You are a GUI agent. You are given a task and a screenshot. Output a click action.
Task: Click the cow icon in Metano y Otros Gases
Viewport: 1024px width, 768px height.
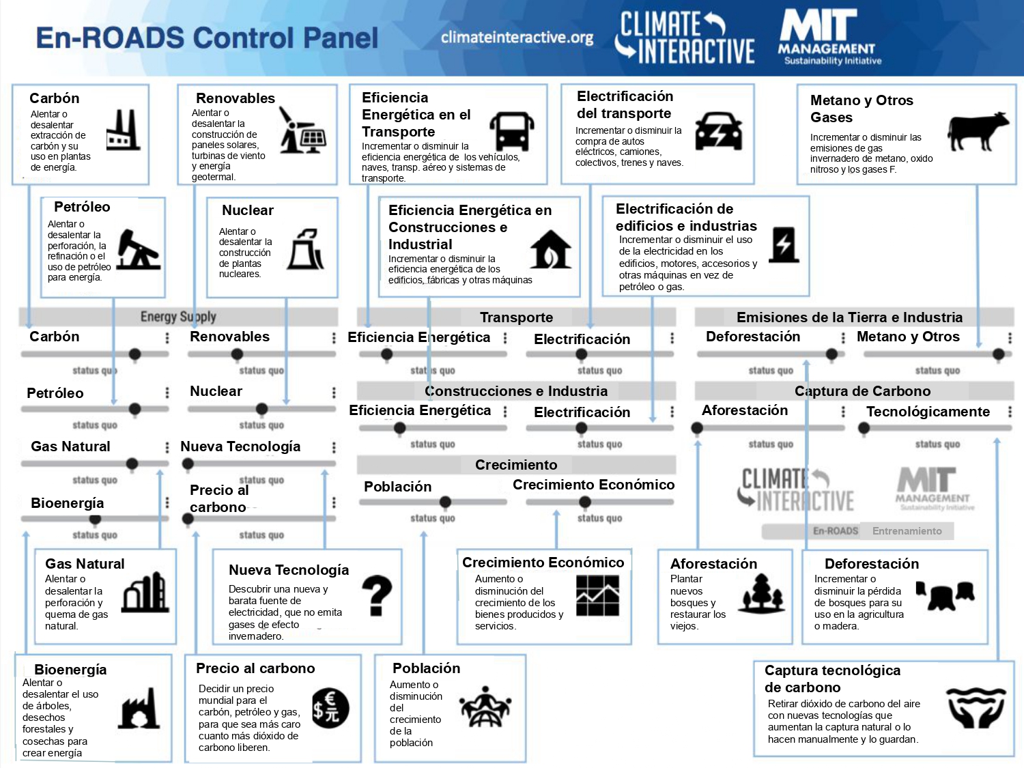click(x=978, y=132)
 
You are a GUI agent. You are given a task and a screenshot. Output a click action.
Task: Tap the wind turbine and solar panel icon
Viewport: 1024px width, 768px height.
click(x=302, y=130)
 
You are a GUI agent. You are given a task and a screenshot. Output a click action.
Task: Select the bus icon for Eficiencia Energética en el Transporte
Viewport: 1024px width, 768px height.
click(x=512, y=130)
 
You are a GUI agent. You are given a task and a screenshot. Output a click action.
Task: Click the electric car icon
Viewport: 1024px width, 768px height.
click(x=718, y=131)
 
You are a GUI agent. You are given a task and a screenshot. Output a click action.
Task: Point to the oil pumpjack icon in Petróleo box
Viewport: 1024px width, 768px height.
click(x=138, y=249)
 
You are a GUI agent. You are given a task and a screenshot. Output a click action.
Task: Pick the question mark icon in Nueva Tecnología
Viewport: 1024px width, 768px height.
click(x=377, y=596)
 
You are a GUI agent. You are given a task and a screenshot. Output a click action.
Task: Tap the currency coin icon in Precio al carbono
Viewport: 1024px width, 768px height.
click(x=330, y=709)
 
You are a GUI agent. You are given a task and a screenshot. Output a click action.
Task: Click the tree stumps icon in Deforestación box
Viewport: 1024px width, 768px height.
click(x=945, y=595)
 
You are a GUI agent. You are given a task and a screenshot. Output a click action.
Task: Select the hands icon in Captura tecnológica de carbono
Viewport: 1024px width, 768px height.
click(x=976, y=707)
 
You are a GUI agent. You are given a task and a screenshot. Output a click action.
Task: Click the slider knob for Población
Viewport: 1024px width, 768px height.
click(x=445, y=502)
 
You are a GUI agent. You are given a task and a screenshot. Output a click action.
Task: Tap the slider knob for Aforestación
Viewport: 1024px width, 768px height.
click(x=697, y=427)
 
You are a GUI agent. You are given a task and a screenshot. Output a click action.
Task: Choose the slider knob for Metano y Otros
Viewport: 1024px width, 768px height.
click(x=998, y=354)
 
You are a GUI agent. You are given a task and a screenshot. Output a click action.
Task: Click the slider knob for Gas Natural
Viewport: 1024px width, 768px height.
click(x=132, y=464)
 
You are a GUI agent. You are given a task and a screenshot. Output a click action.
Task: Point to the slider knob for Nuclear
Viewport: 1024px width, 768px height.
click(x=261, y=409)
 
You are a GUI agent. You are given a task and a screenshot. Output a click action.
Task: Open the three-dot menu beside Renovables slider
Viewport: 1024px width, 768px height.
click(x=334, y=338)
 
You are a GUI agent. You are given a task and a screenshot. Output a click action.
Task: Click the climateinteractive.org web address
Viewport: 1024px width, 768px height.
click(x=517, y=38)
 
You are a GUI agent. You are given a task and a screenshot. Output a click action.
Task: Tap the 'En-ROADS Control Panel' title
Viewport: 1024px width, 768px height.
click(x=207, y=38)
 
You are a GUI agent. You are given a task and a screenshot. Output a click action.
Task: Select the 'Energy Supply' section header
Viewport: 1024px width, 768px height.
click(x=178, y=317)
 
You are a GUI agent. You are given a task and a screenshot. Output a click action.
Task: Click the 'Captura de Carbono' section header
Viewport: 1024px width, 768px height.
click(x=863, y=390)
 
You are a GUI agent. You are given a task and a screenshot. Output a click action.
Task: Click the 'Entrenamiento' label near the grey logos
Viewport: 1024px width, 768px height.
click(x=907, y=530)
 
